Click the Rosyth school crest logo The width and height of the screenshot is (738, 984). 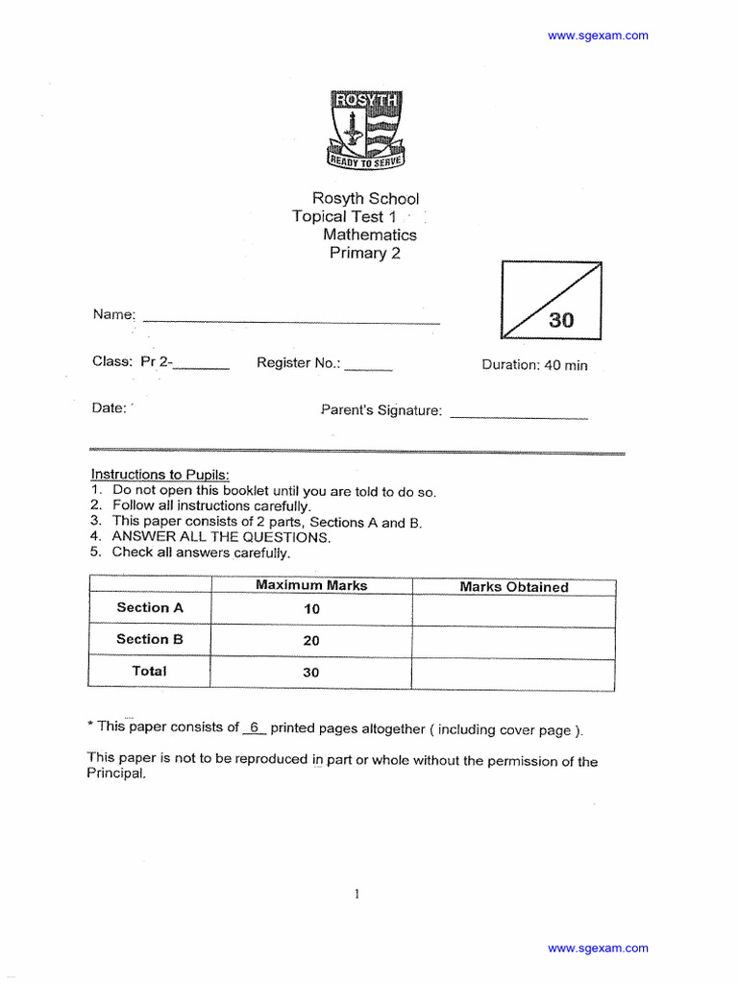[366, 131]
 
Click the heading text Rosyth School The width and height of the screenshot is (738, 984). [365, 199]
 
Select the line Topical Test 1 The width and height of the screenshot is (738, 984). [344, 217]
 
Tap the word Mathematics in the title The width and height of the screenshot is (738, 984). [370, 235]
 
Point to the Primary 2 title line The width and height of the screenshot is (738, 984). [364, 254]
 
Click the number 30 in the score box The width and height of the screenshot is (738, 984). [561, 320]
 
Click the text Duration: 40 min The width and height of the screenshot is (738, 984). [534, 365]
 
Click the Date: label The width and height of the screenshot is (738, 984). [109, 408]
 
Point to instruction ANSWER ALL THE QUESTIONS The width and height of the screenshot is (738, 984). [221, 537]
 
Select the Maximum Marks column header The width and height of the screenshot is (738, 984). [311, 585]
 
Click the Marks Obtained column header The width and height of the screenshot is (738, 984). [514, 587]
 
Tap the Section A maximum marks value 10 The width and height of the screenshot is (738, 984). [311, 609]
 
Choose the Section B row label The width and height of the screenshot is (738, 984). [149, 639]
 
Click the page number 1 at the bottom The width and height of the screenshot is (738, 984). [357, 895]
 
